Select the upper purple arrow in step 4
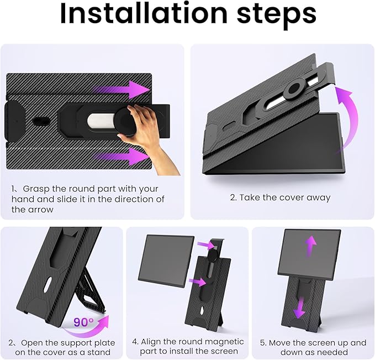216,244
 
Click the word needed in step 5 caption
335,352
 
